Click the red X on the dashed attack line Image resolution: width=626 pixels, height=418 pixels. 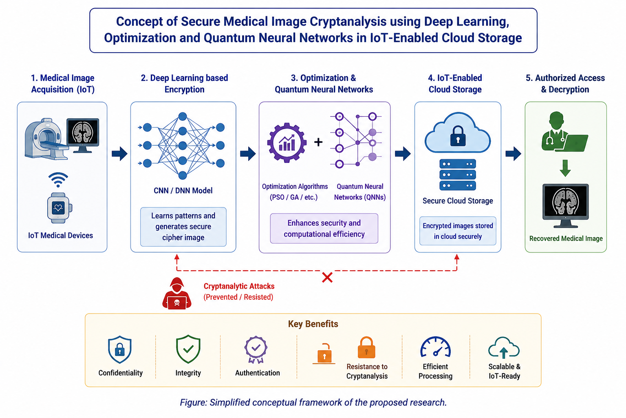[x=327, y=278]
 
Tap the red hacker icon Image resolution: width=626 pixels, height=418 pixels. [x=176, y=293]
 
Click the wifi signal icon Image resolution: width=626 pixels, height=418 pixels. [x=58, y=180]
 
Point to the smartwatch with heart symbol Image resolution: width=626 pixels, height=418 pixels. [x=59, y=208]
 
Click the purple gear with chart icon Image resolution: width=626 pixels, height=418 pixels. [x=287, y=143]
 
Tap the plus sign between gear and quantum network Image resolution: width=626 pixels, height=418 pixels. [x=318, y=142]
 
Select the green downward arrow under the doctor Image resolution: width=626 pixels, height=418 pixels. [x=565, y=168]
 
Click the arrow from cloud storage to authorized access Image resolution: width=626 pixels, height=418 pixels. [x=514, y=153]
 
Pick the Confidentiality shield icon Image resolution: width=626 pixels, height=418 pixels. [x=119, y=349]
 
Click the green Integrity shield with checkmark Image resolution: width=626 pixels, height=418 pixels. [x=188, y=349]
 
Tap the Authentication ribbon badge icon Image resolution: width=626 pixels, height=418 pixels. [x=256, y=350]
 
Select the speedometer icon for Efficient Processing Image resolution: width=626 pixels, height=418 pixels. [x=435, y=347]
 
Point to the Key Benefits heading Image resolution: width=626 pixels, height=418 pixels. [x=313, y=324]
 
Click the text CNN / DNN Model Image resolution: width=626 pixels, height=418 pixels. [x=183, y=191]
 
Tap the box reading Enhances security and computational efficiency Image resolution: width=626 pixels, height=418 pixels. [x=324, y=229]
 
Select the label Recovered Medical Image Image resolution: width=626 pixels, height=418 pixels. [x=566, y=238]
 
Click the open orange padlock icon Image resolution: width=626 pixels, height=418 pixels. [x=324, y=354]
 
